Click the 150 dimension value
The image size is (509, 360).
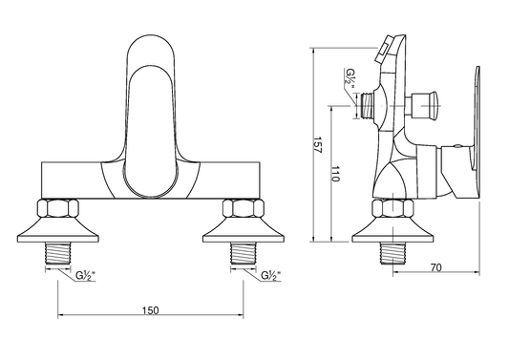pos(151,310)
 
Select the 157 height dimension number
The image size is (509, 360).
pos(317,144)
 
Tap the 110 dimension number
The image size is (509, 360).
pos(335,174)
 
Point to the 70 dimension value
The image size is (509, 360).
pos(436,267)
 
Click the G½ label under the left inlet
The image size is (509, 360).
pos(85,275)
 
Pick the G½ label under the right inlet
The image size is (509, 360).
pos(270,275)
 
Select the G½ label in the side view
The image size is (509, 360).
pos(350,78)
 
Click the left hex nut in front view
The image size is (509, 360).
pos(58,208)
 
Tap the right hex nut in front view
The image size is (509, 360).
pos(244,208)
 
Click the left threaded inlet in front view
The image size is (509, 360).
pos(58,253)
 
